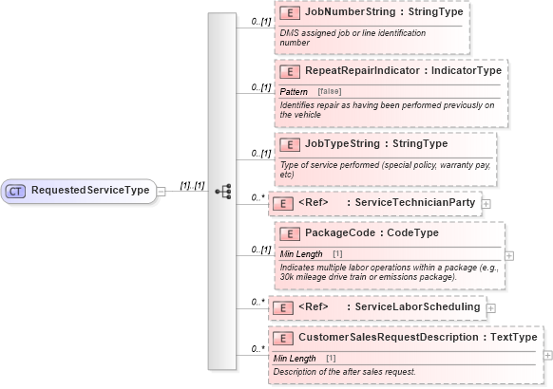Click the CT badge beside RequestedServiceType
[x=16, y=191]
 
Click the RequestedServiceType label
[x=90, y=191]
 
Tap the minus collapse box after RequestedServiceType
[x=162, y=191]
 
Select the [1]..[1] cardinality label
[x=193, y=185]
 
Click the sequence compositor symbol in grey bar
[x=223, y=191]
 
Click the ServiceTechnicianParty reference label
[x=386, y=202]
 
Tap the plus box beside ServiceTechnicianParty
[x=486, y=203]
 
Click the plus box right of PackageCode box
[x=510, y=255]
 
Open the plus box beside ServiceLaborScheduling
[x=490, y=307]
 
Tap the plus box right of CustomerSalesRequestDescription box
[x=546, y=355]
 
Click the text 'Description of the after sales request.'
[x=344, y=371]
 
